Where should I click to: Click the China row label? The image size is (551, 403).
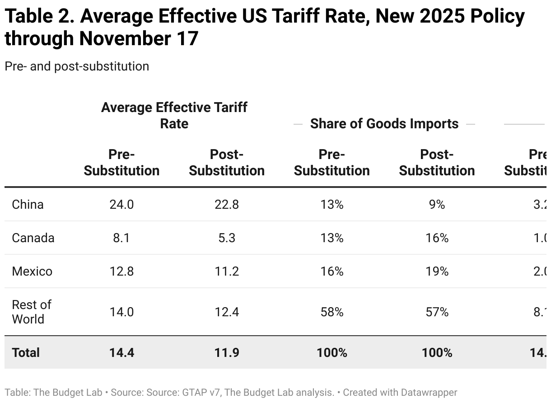point(28,205)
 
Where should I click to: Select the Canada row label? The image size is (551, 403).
point(33,238)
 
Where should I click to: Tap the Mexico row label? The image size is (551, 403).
point(32,272)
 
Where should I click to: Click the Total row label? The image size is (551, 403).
point(26,352)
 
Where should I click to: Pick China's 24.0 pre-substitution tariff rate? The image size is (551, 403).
point(121,205)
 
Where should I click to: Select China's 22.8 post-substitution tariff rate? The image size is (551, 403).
point(227,205)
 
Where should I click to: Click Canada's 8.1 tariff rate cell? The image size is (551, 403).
point(121,238)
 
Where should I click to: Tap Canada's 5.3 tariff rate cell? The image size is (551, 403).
point(227,238)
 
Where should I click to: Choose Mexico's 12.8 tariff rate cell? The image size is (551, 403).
point(121,272)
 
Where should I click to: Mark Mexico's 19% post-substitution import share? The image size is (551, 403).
point(437,272)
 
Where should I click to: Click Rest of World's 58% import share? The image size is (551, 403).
point(332,312)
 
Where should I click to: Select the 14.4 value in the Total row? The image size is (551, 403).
point(121,352)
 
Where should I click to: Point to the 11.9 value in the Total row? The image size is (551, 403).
point(227,352)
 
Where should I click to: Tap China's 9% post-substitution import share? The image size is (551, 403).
point(437,205)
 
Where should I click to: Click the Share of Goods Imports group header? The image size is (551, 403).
point(384,124)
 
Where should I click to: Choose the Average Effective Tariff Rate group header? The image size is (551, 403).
point(174,116)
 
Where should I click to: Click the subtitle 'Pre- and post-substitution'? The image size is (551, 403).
point(77,66)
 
